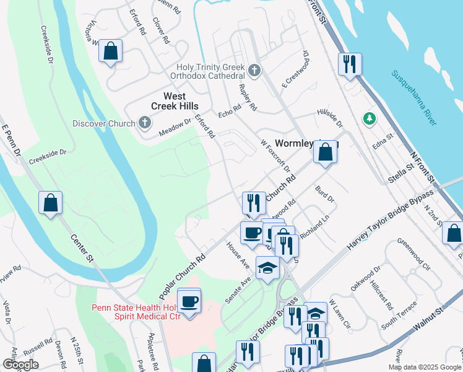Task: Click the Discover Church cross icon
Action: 144,123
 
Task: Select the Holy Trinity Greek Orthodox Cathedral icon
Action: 254,69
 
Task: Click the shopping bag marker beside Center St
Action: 51,202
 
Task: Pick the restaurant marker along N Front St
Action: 350,63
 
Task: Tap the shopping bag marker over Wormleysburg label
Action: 325,152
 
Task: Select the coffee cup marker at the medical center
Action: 189,301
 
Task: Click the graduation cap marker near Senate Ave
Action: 268,268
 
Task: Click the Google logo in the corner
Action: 20,365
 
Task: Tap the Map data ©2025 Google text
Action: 423,367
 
